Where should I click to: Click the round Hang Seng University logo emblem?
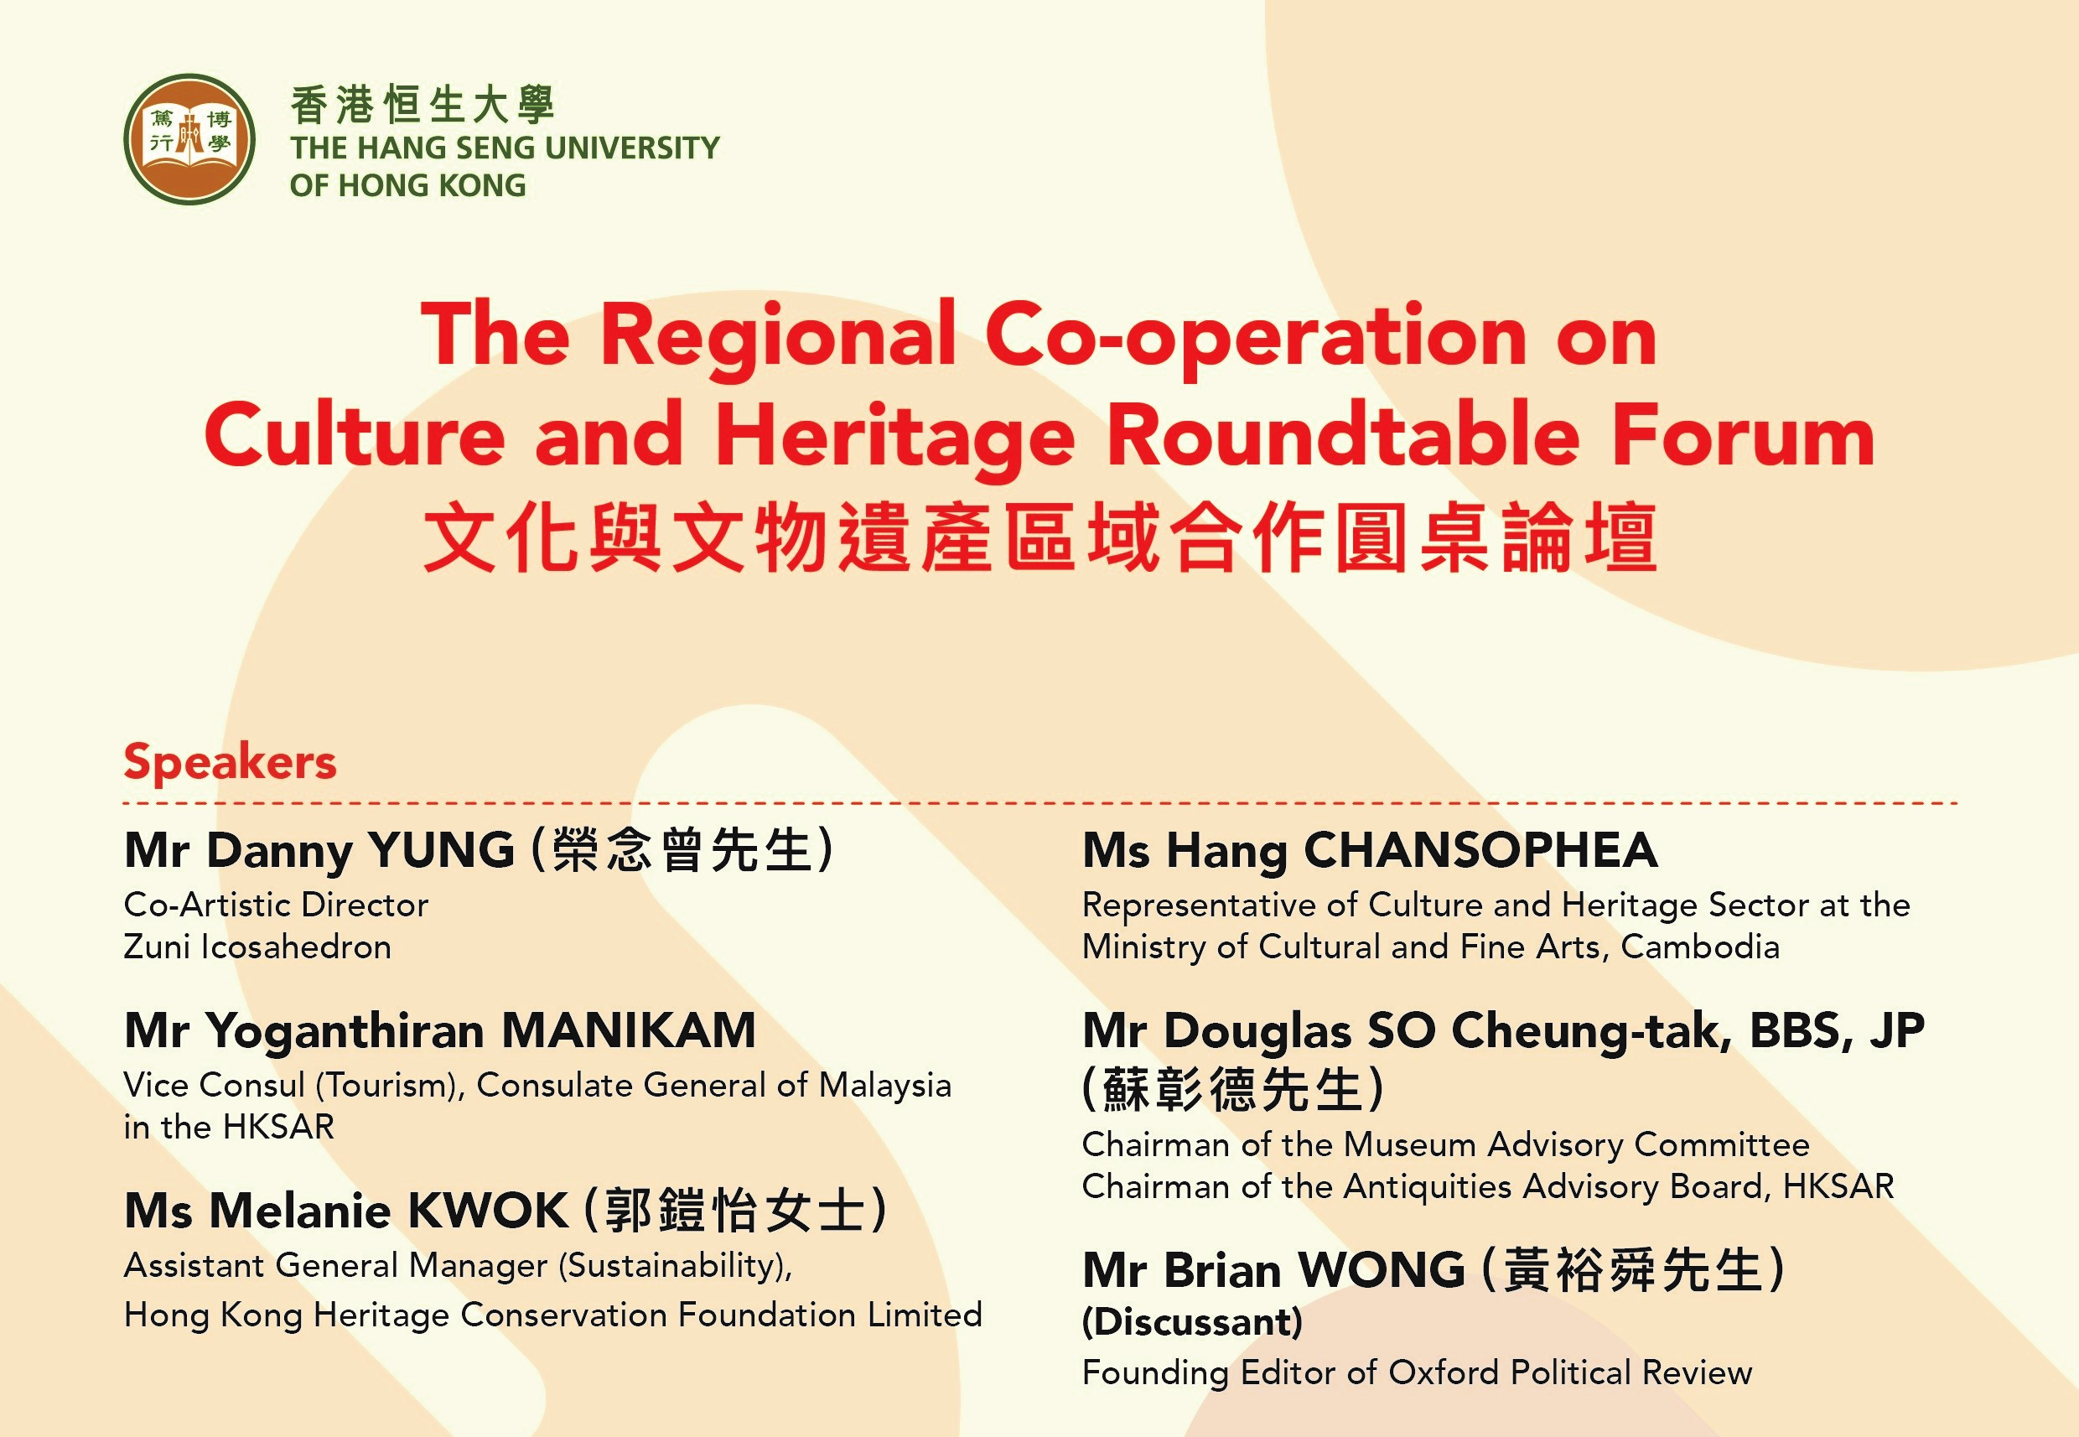(189, 139)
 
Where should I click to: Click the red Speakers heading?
(231, 763)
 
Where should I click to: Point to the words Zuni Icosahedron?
(257, 947)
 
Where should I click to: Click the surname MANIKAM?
(629, 1030)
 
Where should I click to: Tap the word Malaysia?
(884, 1086)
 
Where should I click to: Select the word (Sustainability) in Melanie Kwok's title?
(676, 1266)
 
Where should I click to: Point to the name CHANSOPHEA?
(1480, 850)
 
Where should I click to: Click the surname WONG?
(1382, 1269)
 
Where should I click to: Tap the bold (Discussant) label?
(1192, 1323)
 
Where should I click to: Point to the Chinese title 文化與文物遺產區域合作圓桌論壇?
(1040, 538)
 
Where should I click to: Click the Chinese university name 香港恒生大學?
(423, 105)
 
